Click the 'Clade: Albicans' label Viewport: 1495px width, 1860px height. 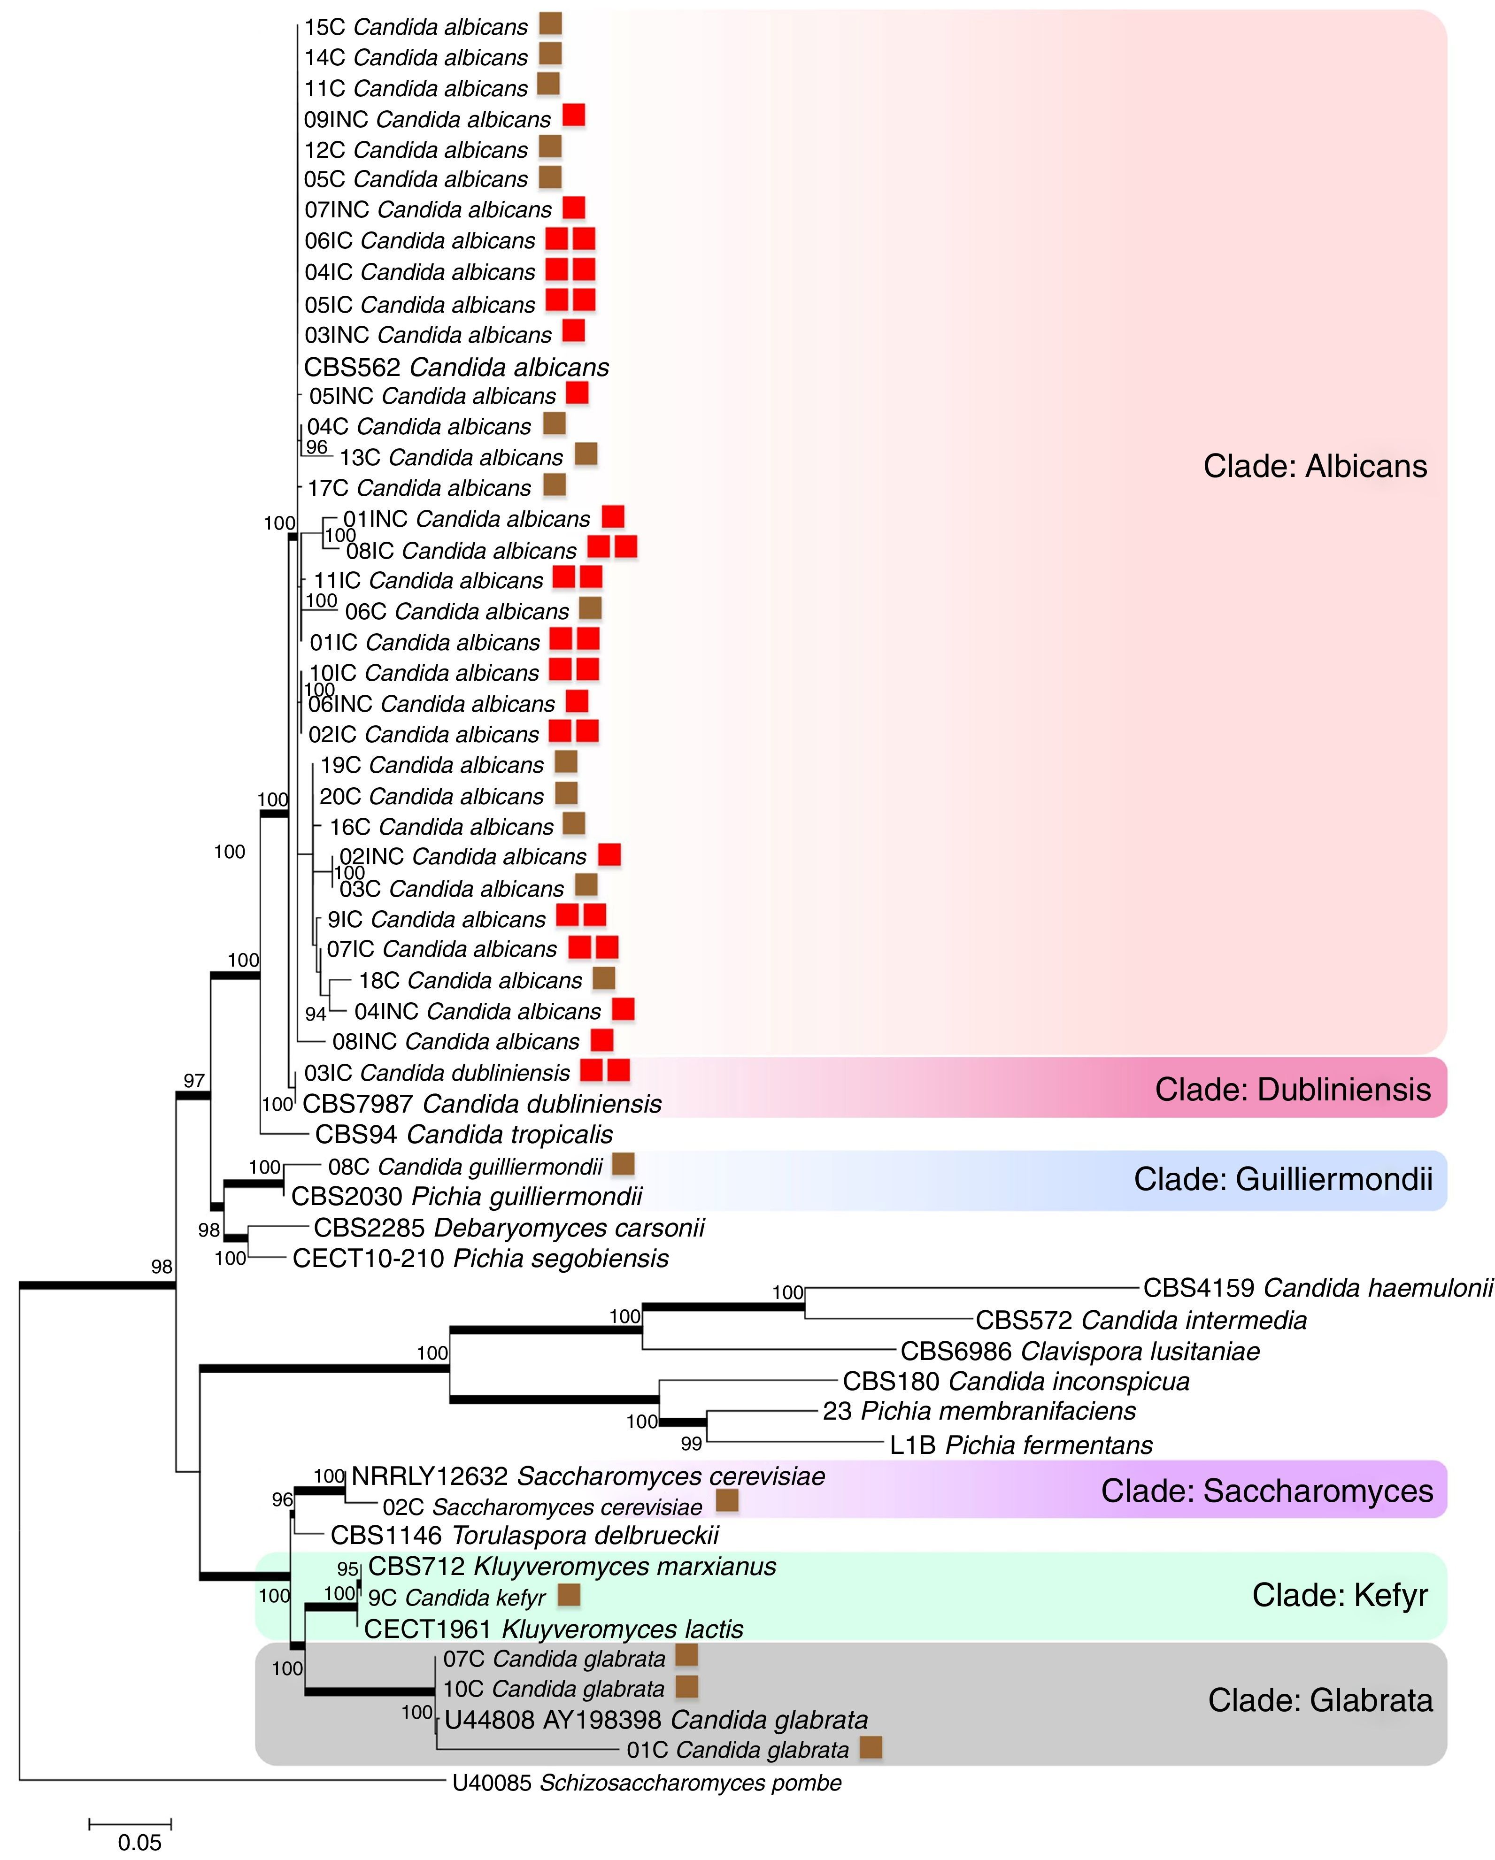click(1315, 467)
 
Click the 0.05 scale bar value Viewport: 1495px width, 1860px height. click(140, 1842)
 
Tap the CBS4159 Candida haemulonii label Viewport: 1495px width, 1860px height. click(1318, 1289)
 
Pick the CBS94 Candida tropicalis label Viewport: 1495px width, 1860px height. click(464, 1135)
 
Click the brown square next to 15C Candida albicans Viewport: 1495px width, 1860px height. click(550, 24)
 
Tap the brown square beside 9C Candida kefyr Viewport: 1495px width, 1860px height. click(569, 1595)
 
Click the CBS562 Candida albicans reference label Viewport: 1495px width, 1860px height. click(456, 368)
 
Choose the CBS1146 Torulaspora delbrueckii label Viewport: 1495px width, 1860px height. click(524, 1536)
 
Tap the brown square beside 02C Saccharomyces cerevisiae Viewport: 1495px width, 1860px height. click(727, 1500)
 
